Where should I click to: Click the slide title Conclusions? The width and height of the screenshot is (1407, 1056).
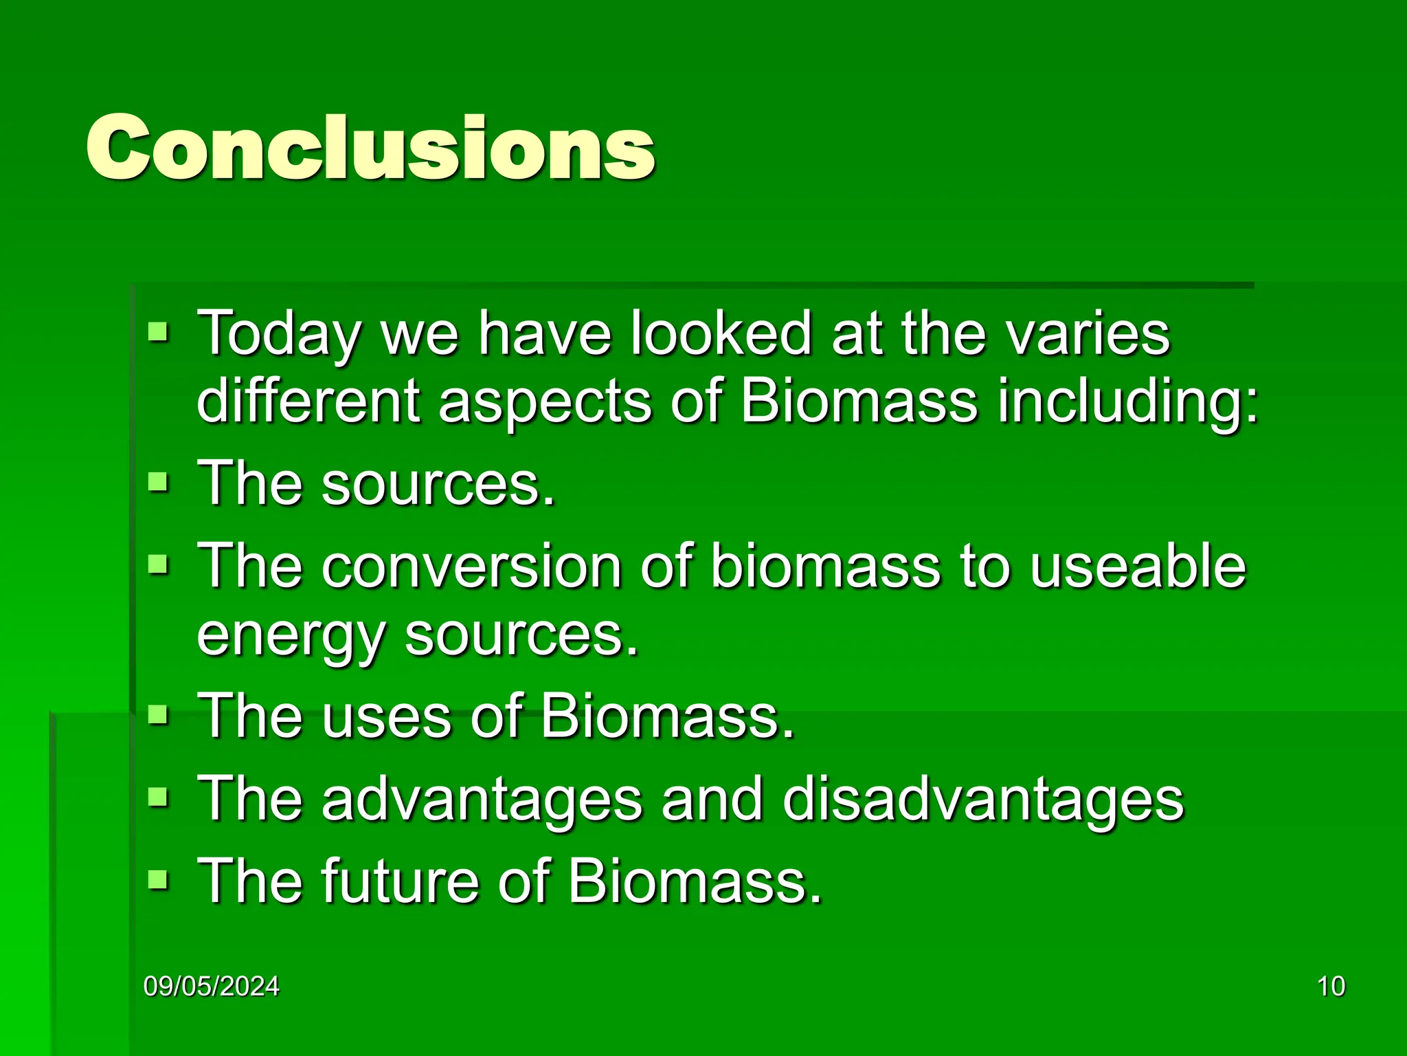pos(371,148)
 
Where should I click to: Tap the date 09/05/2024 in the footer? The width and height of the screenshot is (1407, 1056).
pos(212,986)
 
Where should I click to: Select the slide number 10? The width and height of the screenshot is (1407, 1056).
pos(1331,986)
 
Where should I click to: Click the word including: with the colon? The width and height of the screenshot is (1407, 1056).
pos(1127,402)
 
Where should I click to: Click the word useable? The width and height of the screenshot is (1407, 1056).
pos(1137,566)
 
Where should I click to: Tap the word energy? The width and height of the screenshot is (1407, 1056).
pos(291,637)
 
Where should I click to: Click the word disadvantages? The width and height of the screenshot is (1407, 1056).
pos(982,800)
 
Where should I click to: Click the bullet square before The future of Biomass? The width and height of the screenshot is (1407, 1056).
pos(158,879)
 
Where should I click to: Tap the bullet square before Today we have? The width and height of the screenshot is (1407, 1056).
pos(158,333)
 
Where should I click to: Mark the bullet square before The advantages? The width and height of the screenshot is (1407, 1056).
pos(158,798)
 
